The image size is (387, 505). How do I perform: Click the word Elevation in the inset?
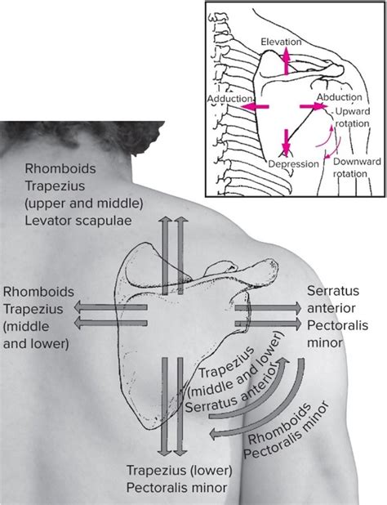(x=281, y=42)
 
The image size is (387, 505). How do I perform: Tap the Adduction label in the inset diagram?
(x=229, y=99)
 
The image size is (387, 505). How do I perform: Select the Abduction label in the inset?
(x=340, y=97)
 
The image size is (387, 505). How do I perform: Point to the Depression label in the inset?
(x=293, y=164)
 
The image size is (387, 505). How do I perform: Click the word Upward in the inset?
(x=353, y=111)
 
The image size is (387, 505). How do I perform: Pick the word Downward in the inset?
(x=357, y=161)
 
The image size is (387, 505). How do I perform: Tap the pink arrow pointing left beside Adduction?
(x=255, y=106)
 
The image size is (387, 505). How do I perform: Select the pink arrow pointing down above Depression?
(x=286, y=143)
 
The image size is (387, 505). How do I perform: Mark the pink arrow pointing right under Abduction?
(x=314, y=106)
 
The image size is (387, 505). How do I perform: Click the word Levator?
(x=49, y=221)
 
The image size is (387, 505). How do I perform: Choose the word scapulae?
(x=104, y=221)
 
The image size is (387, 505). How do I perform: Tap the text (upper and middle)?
(x=84, y=203)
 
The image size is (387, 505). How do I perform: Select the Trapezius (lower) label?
(x=179, y=470)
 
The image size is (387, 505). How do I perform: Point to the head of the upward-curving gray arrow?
(x=282, y=364)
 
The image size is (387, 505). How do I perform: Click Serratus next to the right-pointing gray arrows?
(x=333, y=291)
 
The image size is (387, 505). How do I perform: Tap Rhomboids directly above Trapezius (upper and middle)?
(x=60, y=168)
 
